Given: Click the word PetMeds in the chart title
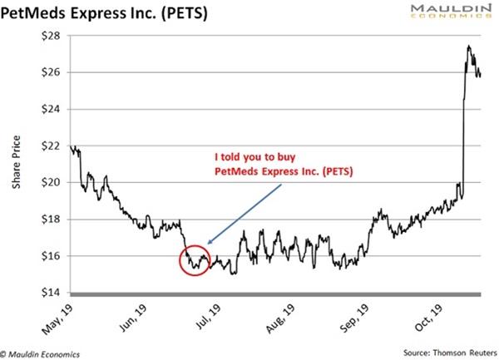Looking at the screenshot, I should coord(42,14).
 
